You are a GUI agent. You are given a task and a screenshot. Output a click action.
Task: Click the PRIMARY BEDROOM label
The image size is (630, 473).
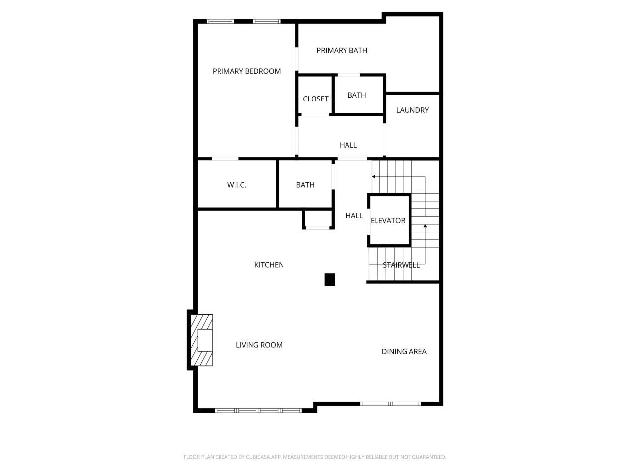tap(247, 71)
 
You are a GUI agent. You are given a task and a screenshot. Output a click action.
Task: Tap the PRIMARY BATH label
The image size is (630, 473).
tap(342, 50)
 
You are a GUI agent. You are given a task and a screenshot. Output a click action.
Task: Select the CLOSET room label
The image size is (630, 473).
tap(315, 99)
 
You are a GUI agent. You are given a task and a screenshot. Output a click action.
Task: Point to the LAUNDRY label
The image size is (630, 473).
tap(412, 110)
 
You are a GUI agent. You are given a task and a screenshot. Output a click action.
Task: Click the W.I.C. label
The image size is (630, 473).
tap(237, 185)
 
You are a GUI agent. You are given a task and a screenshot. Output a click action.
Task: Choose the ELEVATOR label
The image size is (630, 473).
tap(388, 221)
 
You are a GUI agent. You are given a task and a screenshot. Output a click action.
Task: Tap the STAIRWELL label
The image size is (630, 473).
tap(402, 265)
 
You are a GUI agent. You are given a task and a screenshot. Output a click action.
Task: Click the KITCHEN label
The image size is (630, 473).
tap(269, 265)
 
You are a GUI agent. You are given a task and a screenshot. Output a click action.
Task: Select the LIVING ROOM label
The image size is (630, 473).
tap(259, 345)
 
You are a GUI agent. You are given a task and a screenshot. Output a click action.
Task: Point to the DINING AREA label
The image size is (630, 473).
tap(404, 352)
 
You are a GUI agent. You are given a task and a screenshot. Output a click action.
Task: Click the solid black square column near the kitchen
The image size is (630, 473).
tap(330, 280)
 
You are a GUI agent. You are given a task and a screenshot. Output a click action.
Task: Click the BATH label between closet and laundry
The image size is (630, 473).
tap(357, 95)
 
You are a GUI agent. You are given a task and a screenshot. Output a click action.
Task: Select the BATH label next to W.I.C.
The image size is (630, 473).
tap(305, 185)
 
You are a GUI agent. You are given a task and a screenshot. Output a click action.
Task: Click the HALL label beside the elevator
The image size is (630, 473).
tap(354, 216)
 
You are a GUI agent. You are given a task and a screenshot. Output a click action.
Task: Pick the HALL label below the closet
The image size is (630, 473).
tap(348, 145)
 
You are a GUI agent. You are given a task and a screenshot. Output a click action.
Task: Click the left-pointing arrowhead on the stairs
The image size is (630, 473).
tap(374, 176)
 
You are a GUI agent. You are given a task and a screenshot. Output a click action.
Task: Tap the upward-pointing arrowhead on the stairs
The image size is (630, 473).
tap(425, 226)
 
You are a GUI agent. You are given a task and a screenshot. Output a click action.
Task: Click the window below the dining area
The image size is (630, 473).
tap(391, 404)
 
